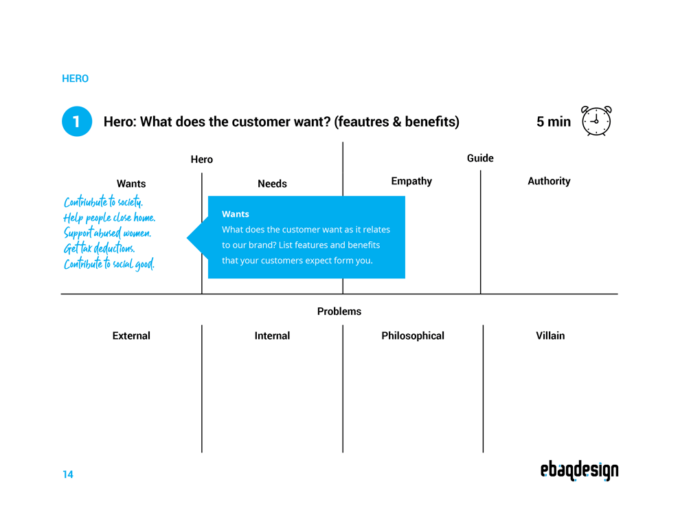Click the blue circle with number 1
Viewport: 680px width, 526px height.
77,122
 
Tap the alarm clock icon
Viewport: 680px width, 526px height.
596,121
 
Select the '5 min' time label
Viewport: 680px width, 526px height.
553,122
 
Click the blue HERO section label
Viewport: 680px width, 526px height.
75,78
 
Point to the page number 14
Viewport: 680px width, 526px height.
67,474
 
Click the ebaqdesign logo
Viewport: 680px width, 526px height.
579,470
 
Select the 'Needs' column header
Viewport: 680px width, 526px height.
272,184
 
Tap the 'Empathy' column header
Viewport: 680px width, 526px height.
411,181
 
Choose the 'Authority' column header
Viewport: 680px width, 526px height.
549,181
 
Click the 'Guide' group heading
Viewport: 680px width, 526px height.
480,158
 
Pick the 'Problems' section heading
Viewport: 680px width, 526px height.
339,311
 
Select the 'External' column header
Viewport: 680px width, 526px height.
131,336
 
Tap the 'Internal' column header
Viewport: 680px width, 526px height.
272,336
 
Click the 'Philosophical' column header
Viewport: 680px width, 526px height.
413,336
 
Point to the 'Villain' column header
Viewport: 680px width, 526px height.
550,336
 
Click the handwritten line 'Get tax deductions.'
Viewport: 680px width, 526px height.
100,248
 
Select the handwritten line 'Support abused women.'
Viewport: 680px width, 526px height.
107,233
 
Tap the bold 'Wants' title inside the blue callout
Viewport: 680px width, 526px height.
236,214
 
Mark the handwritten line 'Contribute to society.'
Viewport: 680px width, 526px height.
104,202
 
